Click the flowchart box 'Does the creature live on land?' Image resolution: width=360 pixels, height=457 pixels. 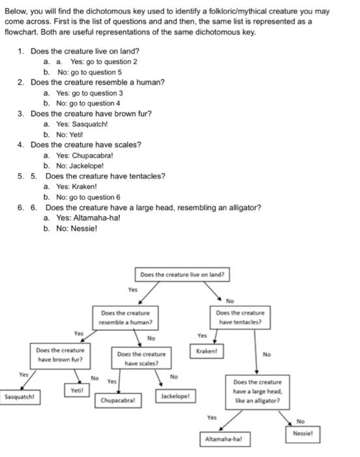point(182,275)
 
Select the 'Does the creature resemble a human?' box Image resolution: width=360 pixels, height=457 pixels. point(126,317)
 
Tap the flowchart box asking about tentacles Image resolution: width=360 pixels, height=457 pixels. point(239,317)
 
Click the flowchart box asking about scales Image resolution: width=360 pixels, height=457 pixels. point(141,358)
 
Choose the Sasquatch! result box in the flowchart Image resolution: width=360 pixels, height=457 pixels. point(20,396)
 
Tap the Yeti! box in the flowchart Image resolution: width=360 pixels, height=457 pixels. point(76,390)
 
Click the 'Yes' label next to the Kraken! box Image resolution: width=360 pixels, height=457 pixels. point(202,336)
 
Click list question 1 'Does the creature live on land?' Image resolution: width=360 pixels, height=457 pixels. point(84,50)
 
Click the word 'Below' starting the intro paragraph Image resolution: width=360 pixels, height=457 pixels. point(15,12)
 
